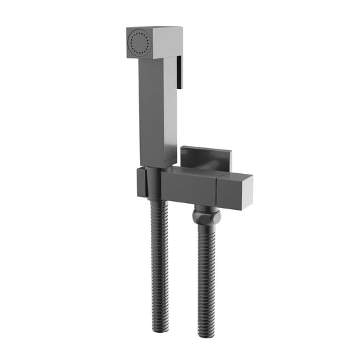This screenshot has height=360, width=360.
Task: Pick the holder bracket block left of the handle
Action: click(141, 183)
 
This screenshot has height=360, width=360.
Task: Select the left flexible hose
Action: click(156, 265)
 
